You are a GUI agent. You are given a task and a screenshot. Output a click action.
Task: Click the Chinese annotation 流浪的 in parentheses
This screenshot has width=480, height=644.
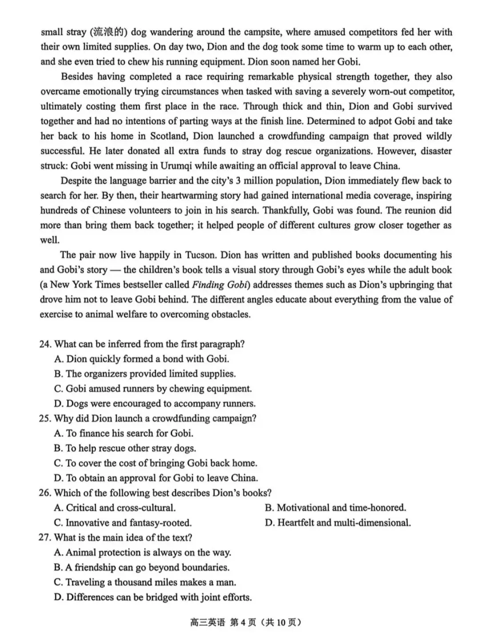(109, 32)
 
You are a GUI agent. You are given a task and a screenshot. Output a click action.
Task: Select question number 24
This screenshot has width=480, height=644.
(45, 344)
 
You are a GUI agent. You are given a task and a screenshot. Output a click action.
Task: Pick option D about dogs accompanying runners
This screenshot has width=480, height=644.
(155, 404)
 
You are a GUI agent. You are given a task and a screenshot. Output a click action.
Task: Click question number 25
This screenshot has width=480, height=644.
(45, 418)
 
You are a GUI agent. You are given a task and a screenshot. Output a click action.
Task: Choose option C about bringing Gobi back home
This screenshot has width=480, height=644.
(156, 463)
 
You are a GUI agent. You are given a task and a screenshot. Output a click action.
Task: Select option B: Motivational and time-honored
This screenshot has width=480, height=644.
(336, 508)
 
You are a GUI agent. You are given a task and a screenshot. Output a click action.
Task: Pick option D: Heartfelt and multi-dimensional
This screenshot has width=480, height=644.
(338, 523)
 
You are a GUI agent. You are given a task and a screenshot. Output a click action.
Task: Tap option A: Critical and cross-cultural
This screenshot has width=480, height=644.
(115, 508)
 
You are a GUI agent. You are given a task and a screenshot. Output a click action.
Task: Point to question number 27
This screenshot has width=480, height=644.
(45, 537)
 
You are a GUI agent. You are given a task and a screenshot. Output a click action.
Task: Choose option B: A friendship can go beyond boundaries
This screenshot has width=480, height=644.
(141, 568)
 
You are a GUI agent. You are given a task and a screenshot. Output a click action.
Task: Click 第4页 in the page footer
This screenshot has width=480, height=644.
(243, 622)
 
